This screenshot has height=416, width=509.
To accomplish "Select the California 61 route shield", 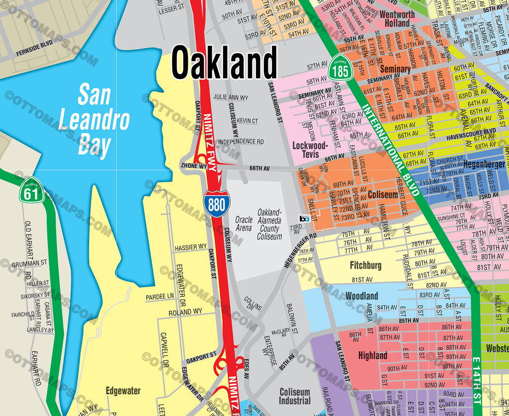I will click(x=31, y=190).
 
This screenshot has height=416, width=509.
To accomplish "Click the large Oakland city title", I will click(x=224, y=64).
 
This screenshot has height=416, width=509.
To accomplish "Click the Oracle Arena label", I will click(x=244, y=224).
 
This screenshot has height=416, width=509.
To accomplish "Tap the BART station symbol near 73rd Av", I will click(x=305, y=218).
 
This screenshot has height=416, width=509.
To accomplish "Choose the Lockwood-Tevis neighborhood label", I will click(x=311, y=150).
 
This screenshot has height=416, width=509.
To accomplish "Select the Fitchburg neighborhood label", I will click(x=365, y=265).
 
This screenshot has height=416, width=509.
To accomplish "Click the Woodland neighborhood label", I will click(x=361, y=296).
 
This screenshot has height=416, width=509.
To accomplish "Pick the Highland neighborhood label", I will click(x=372, y=355).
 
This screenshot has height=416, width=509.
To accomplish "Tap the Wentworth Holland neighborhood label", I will click(x=397, y=19).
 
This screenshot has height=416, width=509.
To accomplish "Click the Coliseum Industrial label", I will click(x=295, y=396).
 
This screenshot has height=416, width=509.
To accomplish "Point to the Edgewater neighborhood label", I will click(x=123, y=391).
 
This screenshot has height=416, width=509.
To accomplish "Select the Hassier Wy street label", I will click(x=190, y=247).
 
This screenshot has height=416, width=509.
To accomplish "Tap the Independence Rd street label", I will click(x=241, y=142).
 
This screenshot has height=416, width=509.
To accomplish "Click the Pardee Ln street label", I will click(x=160, y=296).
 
